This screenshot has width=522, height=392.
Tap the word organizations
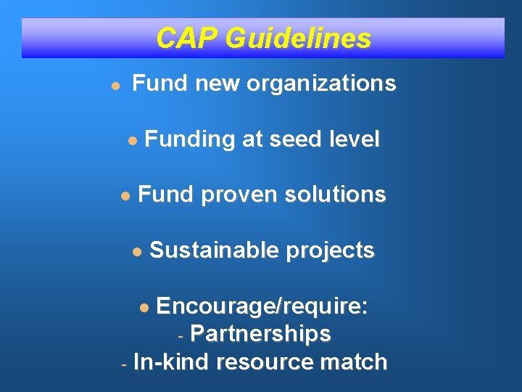[x=321, y=83]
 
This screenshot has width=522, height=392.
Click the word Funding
[x=190, y=139]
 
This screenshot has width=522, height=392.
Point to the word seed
[x=297, y=139]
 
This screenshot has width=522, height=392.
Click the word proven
[x=239, y=195]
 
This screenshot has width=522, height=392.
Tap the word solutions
[x=336, y=195]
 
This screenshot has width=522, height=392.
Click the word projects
[x=331, y=250]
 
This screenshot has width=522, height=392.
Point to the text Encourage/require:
[x=262, y=306]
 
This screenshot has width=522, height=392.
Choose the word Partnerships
[x=261, y=334]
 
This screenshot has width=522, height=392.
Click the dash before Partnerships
[x=182, y=335]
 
